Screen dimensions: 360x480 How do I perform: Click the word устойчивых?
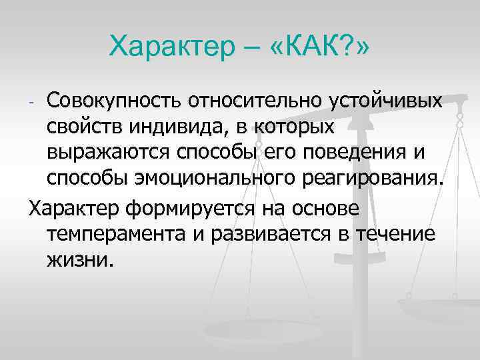click(x=383, y=101)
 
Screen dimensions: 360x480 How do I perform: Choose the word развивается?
click(x=292, y=233)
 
